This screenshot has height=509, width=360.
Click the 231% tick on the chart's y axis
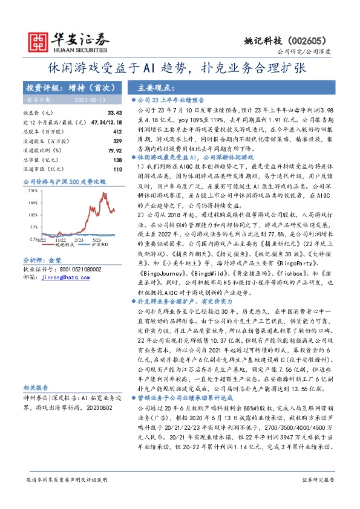pyautogui.click(x=34, y=190)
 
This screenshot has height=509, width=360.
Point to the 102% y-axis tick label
pyautogui.click(x=34, y=215)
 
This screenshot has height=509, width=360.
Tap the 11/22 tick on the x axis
pyautogui.click(x=62, y=240)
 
